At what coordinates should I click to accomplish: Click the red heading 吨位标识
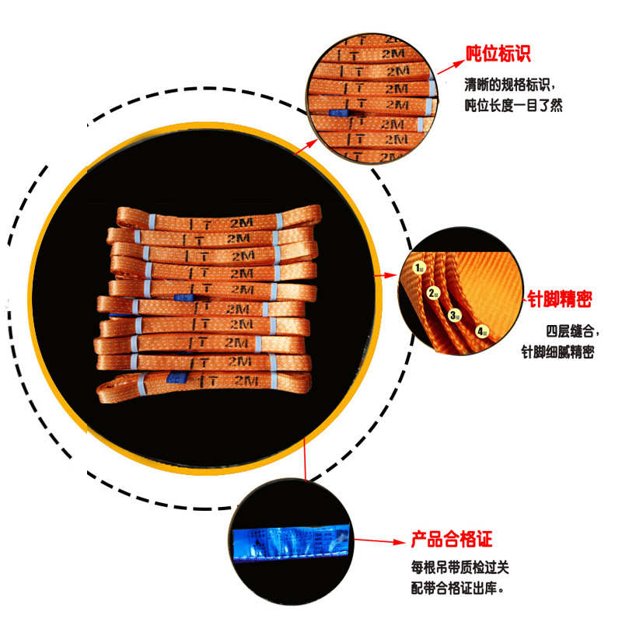point(498,54)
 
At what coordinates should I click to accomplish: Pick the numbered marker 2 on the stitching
point(433,293)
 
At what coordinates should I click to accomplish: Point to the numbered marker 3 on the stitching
point(455,315)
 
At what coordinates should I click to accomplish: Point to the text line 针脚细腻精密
point(557,351)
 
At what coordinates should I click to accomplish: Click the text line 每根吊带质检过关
point(460,567)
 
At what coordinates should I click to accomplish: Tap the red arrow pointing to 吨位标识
point(449,63)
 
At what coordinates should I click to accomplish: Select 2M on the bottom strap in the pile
point(246,381)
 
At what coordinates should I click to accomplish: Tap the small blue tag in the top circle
point(338,114)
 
